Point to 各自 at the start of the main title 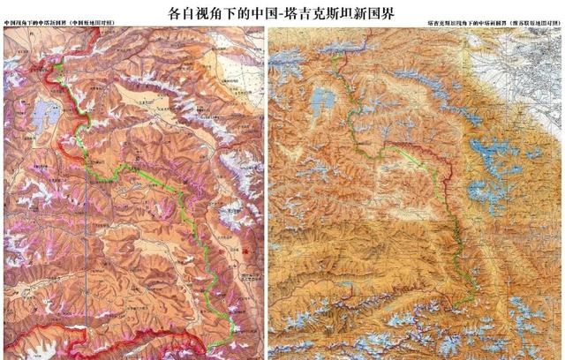point(179,13)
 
